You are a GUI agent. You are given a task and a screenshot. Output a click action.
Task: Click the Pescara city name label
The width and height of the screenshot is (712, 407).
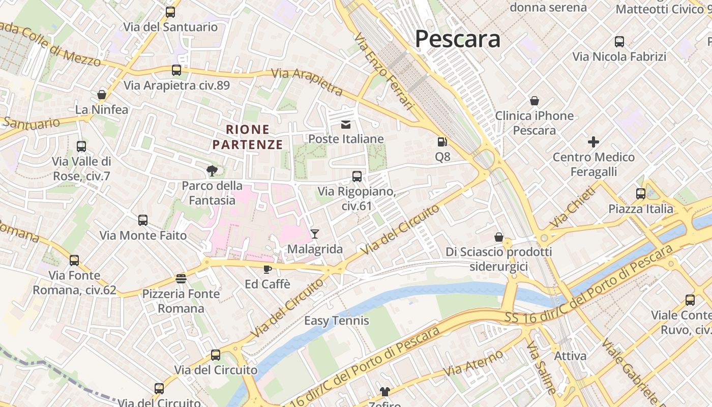[x=458, y=39]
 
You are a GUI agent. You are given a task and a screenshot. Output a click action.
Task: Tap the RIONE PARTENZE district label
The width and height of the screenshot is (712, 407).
[x=248, y=137]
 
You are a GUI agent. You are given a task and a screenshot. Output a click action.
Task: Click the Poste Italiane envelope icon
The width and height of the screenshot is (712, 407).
[x=346, y=125]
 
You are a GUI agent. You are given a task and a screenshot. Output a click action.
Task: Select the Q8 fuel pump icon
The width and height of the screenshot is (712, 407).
[x=442, y=142]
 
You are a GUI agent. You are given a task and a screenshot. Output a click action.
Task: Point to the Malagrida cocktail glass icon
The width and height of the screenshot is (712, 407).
[x=315, y=234]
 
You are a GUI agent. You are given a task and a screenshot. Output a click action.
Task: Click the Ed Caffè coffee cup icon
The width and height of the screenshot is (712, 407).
[x=268, y=269]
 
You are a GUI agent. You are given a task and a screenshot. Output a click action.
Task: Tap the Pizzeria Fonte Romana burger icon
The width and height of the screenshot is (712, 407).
[x=181, y=278]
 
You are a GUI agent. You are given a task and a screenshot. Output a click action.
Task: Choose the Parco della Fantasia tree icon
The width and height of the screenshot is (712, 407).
[x=212, y=170]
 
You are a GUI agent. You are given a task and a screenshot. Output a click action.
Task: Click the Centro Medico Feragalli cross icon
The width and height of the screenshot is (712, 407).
[x=594, y=142]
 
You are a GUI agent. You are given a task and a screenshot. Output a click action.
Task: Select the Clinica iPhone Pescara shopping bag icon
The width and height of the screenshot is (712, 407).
[x=534, y=101]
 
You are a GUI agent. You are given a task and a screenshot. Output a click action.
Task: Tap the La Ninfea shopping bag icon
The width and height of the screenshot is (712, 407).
[x=102, y=95]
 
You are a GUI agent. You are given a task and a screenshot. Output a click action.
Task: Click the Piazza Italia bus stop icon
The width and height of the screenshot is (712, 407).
[x=640, y=194]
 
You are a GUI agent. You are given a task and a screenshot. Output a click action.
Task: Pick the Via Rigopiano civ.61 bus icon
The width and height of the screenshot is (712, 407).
[x=357, y=177]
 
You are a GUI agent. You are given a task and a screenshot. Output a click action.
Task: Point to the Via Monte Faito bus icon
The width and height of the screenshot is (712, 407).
[x=143, y=220]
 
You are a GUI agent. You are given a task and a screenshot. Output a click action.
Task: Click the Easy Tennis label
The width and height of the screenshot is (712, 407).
[x=336, y=321]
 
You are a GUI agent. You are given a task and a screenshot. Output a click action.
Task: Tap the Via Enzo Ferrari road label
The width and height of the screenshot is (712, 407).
[x=384, y=71]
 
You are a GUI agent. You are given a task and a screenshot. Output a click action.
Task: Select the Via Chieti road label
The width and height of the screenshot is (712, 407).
[x=572, y=208]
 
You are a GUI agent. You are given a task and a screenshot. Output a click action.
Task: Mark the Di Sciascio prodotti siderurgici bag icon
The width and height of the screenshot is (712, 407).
[x=499, y=237]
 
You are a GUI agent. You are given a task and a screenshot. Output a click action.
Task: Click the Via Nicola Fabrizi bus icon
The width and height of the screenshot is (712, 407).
[x=619, y=42]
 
